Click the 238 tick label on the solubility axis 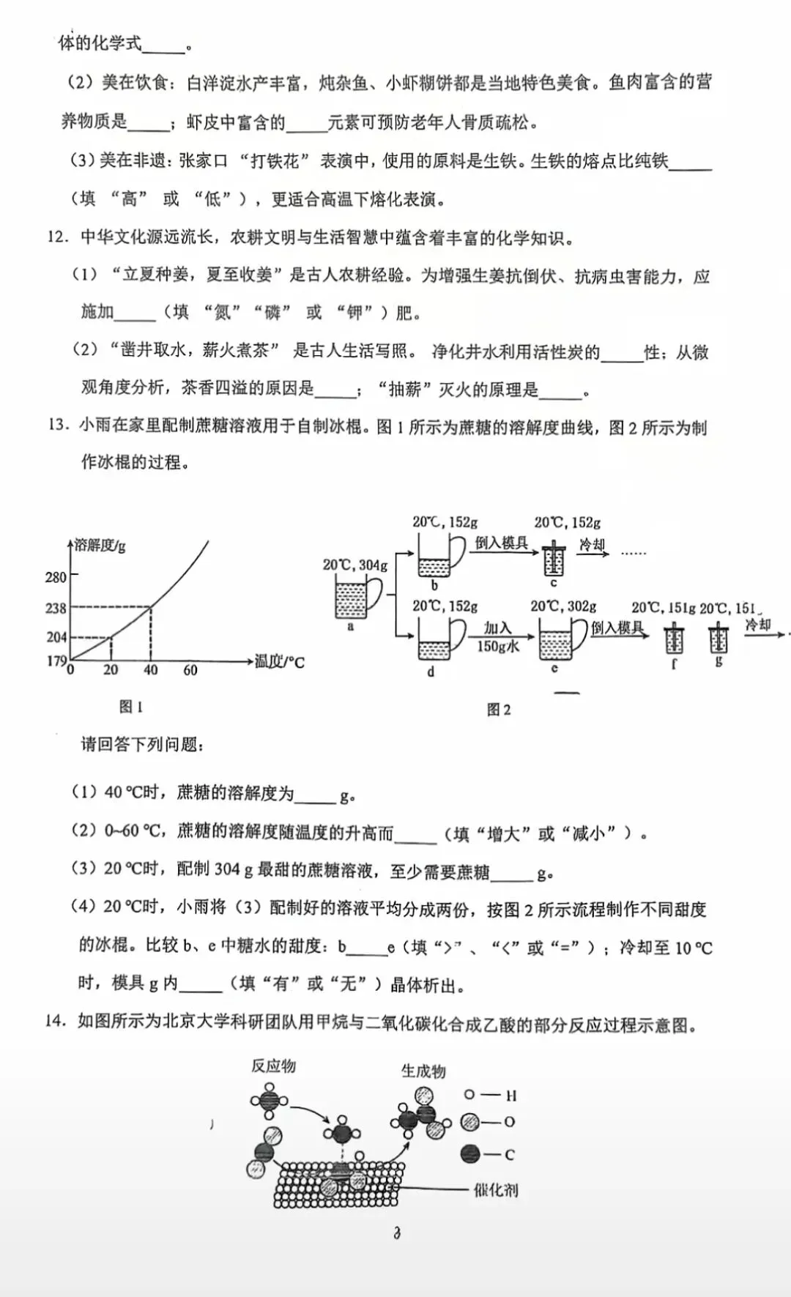(x=56, y=608)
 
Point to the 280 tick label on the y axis (x=56, y=577)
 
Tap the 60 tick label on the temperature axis (x=190, y=670)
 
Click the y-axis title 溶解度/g (x=100, y=546)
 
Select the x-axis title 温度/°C (x=280, y=663)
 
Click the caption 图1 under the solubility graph (x=131, y=707)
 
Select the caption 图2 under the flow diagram (x=499, y=710)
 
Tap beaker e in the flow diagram (x=561, y=639)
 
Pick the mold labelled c (x=554, y=560)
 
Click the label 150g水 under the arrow (x=498, y=646)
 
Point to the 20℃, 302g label (x=563, y=607)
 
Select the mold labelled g (x=718, y=639)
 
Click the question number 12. (x=58, y=237)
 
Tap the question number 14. (x=56, y=1021)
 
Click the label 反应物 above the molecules (x=273, y=1066)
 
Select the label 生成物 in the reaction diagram (x=423, y=1071)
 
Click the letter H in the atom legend (x=511, y=1096)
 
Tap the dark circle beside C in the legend (x=470, y=1154)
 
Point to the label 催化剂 (x=496, y=1189)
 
